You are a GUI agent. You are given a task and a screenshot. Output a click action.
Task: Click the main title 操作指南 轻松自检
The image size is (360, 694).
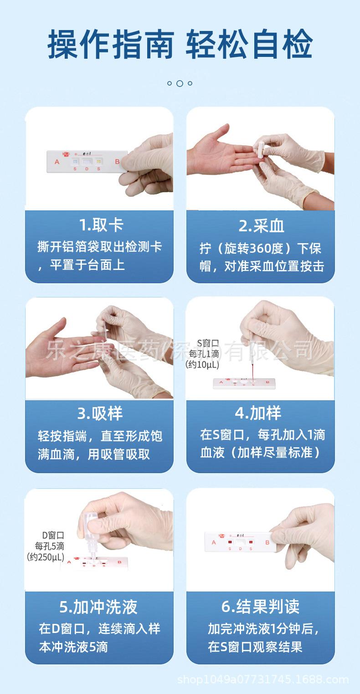coord(180,44)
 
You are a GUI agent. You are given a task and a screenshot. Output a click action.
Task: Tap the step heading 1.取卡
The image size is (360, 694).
coord(101,225)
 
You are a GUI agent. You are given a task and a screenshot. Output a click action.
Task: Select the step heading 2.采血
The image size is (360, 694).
coord(261,225)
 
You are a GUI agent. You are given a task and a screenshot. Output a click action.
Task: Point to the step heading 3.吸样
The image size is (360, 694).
coord(100,413)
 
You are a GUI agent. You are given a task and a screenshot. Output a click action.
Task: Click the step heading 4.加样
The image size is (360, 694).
coord(258,413)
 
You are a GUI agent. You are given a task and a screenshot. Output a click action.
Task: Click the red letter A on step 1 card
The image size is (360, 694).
coord(57,161)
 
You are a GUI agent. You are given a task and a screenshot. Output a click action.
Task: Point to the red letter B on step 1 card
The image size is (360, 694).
coord(117,161)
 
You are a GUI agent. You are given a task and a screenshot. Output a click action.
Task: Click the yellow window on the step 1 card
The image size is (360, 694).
coord(98,161)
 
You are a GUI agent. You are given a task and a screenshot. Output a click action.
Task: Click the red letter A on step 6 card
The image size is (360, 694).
coord(214,542)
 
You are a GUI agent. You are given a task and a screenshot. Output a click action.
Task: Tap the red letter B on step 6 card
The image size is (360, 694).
coord(267,542)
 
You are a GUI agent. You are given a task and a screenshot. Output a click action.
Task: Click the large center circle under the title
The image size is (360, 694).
coord(180,83)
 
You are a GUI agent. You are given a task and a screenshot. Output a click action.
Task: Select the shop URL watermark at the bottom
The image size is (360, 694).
coord(263,680)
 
